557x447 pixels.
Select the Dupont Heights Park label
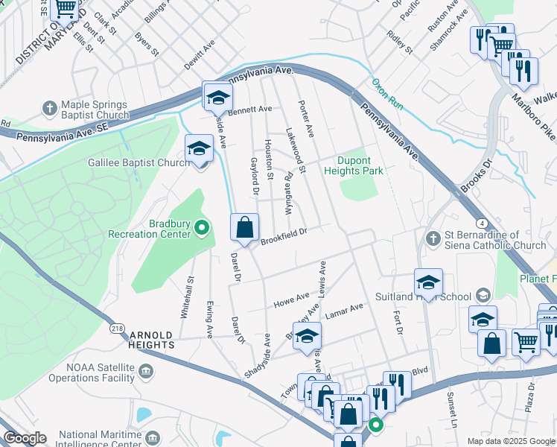353,165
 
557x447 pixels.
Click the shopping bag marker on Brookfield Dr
244,227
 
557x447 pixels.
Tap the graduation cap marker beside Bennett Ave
217,98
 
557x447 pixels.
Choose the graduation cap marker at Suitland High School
428,282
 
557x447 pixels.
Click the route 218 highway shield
117,328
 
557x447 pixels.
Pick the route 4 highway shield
483,223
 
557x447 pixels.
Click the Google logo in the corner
25,438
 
